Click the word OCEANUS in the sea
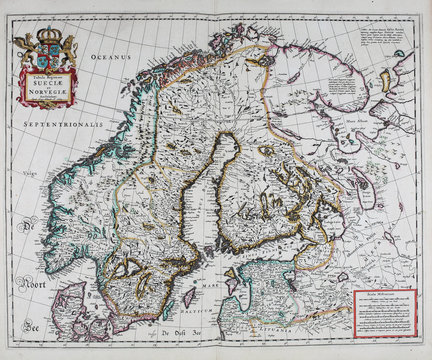tap(114, 59)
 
